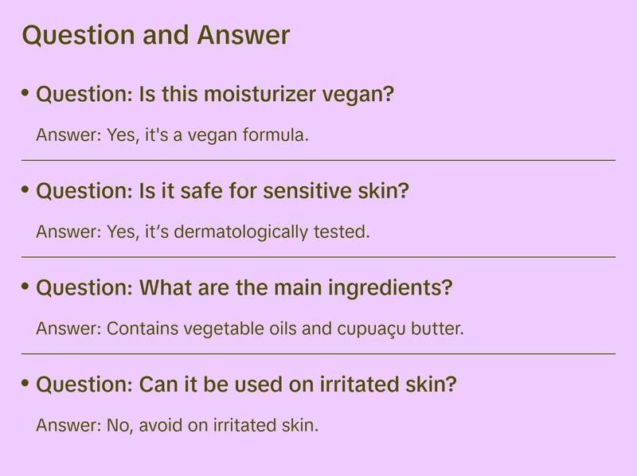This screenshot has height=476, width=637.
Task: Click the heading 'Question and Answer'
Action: tap(156, 35)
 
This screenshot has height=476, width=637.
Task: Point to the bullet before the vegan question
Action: tap(25, 93)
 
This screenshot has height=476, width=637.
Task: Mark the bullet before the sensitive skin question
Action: tap(25, 189)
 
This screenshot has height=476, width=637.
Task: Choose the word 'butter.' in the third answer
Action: tap(437, 329)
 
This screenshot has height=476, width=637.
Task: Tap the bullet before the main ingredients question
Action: tap(25, 286)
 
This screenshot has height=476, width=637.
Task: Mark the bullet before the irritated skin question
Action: tap(25, 383)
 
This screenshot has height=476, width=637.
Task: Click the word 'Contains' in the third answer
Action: tap(143, 329)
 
